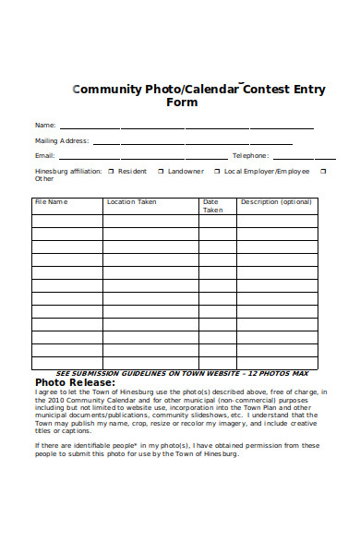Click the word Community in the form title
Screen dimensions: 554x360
106,90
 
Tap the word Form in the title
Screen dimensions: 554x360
182,102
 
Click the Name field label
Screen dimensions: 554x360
45,125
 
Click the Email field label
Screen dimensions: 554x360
45,156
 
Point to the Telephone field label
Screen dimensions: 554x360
250,156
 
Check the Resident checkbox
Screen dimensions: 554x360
111,171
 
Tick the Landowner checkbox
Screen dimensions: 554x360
160,171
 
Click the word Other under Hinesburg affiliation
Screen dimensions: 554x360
44,179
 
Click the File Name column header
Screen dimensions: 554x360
51,201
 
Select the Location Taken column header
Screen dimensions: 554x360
131,201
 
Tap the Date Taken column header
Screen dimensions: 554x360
212,205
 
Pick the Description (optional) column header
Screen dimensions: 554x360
276,201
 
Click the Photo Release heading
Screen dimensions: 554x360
75,382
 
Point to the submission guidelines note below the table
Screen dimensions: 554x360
183,373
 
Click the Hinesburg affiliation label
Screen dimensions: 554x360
67,171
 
